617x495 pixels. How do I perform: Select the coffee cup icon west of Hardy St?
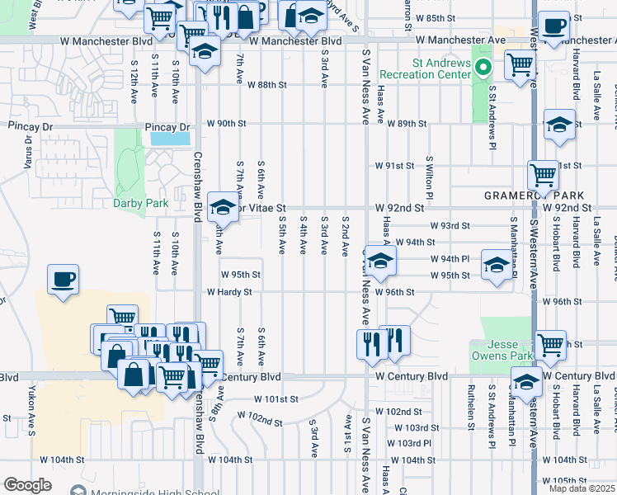pyautogui.click(x=63, y=279)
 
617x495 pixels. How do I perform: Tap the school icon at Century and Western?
pyautogui.click(x=525, y=380)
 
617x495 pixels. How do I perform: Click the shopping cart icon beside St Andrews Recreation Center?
pyautogui.click(x=520, y=64)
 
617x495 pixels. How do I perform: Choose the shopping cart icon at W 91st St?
pyautogui.click(x=543, y=174)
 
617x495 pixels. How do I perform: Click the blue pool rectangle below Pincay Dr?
pyautogui.click(x=169, y=139)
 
